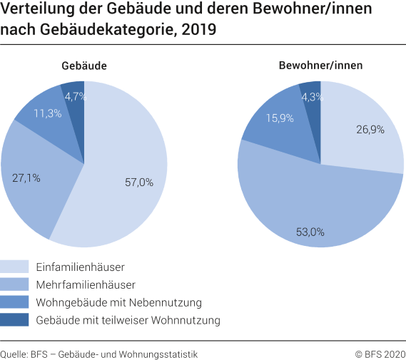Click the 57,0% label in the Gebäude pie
click(138, 182)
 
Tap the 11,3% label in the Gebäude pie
click(48, 113)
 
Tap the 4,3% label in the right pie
click(311, 96)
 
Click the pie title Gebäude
click(83, 66)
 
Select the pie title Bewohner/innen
click(320, 66)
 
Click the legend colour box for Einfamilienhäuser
click(14, 267)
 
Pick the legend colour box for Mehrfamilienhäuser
click(14, 284)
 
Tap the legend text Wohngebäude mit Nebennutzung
click(108, 302)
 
